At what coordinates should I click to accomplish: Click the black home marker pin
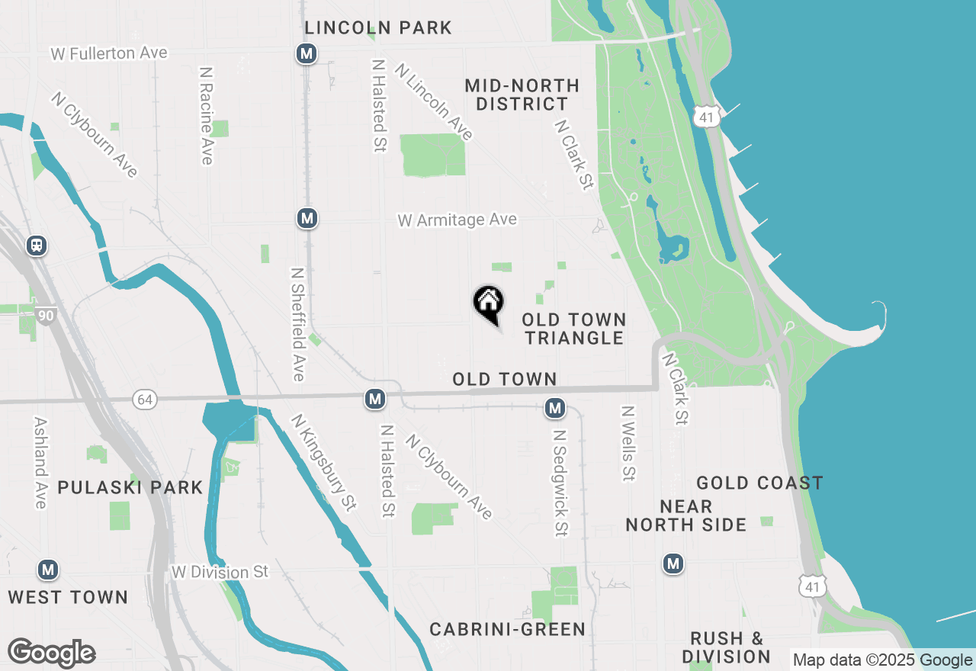489,303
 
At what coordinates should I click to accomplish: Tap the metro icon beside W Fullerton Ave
307,53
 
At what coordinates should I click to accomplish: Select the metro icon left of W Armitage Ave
307,219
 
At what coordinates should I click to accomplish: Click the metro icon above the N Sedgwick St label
555,409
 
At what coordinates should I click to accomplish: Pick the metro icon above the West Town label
48,570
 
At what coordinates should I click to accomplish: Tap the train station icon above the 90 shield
36,246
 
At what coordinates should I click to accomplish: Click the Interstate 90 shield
47,313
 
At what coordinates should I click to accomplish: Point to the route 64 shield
143,399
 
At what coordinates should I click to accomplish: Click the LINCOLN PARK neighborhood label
378,28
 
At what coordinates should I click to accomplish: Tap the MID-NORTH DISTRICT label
522,95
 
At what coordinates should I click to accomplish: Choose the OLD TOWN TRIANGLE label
574,329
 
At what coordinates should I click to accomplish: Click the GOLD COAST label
759,483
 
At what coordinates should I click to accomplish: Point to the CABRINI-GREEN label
507,629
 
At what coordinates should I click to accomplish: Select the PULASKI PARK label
130,487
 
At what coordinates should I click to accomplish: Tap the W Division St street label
220,572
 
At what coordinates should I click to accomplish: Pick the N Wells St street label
628,443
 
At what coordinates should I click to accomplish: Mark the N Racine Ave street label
206,115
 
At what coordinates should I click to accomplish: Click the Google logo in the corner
51,653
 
